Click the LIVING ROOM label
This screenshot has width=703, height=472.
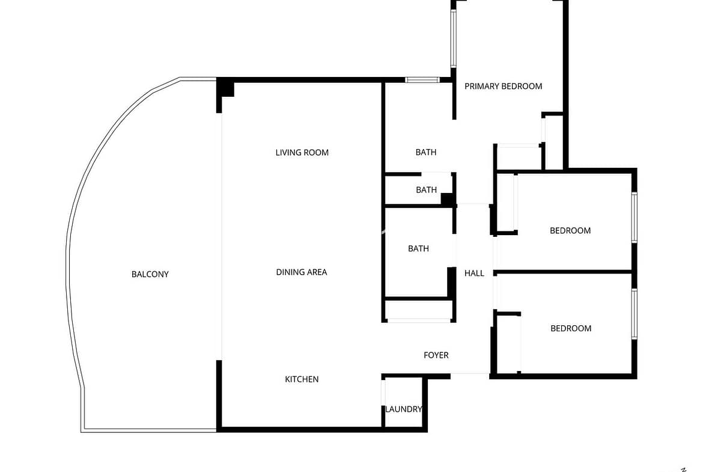pyautogui.click(x=302, y=153)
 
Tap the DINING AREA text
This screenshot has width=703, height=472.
pyautogui.click(x=301, y=272)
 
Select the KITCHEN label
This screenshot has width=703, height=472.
pyautogui.click(x=302, y=379)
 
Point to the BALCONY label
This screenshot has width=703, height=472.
pyautogui.click(x=150, y=274)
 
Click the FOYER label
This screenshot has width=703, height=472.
pyautogui.click(x=436, y=355)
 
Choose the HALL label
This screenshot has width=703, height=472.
pyautogui.click(x=474, y=273)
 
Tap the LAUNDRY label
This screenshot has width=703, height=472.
pyautogui.click(x=404, y=409)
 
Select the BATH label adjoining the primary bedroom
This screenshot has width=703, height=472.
pyautogui.click(x=426, y=153)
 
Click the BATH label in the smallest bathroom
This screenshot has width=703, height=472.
pyautogui.click(x=427, y=190)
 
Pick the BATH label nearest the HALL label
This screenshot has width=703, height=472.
pyautogui.click(x=418, y=248)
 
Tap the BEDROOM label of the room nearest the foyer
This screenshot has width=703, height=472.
pyautogui.click(x=571, y=328)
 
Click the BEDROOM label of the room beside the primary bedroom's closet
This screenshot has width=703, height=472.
pyautogui.click(x=570, y=231)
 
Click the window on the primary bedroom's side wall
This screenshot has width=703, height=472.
pyautogui.click(x=453, y=38)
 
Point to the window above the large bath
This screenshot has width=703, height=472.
pyautogui.click(x=422, y=80)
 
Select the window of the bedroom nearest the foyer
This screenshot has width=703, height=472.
pyautogui.click(x=635, y=314)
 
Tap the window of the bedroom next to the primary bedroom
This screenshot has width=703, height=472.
pyautogui.click(x=635, y=217)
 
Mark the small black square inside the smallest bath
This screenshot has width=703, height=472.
pyautogui.click(x=447, y=199)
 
